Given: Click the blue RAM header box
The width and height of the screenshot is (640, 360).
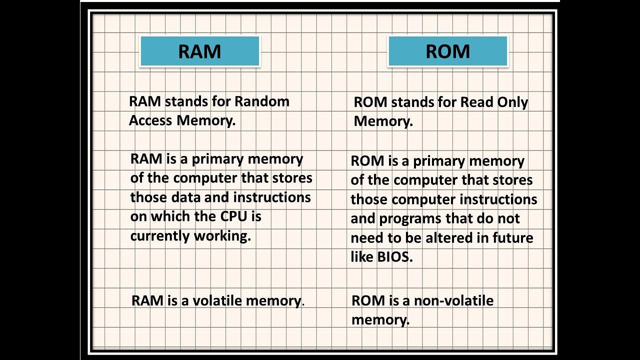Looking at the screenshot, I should coord(199,51).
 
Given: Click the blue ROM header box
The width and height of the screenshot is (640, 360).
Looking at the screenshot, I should coord(447,51).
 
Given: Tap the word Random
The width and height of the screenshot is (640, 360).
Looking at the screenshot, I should coord(262,101).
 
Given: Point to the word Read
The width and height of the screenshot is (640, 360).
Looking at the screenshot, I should coord(477,102).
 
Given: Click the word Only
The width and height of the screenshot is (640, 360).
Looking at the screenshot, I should coord(512,102).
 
